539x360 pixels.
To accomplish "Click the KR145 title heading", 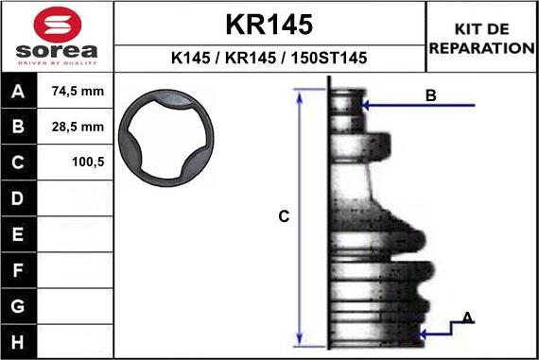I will [x=269, y=24].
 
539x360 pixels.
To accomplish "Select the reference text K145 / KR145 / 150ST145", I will [x=269, y=59].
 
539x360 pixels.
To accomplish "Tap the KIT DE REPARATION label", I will [x=482, y=39].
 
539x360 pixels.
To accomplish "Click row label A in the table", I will [x=19, y=93].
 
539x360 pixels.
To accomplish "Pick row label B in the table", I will [x=19, y=127].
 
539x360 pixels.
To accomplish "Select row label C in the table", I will [x=19, y=163].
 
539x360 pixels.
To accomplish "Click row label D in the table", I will [x=19, y=198].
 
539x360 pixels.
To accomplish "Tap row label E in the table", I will [x=19, y=233].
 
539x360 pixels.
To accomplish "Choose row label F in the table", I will [x=19, y=269].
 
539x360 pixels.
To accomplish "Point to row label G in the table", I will [x=19, y=305].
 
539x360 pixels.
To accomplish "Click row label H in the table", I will [x=19, y=340].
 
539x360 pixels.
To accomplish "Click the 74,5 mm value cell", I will [x=77, y=93].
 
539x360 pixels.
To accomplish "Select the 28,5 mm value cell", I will [x=77, y=127].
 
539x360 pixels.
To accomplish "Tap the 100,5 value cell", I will [x=77, y=163].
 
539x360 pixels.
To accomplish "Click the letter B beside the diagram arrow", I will [x=430, y=95].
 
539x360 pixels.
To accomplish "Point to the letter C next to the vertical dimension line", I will [x=283, y=217].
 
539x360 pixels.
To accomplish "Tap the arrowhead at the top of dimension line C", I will [x=300, y=94].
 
